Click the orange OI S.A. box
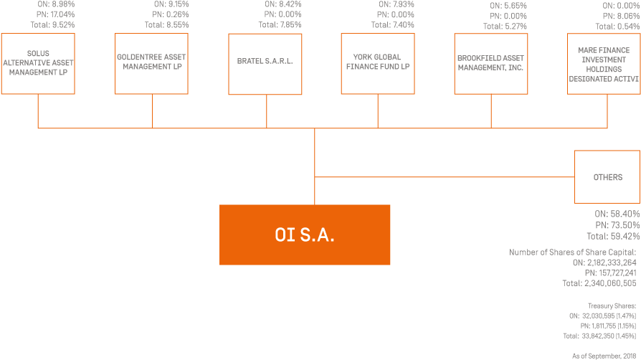305,235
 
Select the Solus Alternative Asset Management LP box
38,63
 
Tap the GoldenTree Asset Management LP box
151,63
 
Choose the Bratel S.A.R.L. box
265,63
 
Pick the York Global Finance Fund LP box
377,63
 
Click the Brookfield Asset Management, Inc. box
490,63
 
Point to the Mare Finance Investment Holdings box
603,63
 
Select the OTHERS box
607,177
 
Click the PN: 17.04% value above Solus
55,14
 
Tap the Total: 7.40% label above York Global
393,25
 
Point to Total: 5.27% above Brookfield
505,27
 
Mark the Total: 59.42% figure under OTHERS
613,236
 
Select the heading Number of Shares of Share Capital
573,252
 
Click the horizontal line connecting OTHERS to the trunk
445,176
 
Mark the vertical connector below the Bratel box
266,111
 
